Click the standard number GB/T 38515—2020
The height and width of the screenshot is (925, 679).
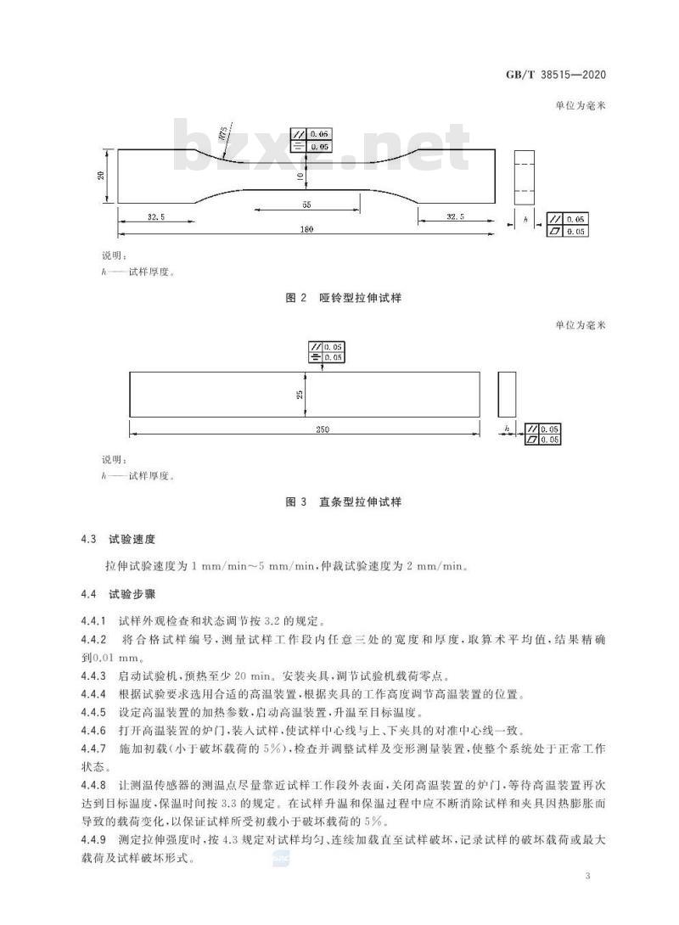pyautogui.click(x=555, y=75)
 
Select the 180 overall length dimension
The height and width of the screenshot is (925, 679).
pyautogui.click(x=306, y=229)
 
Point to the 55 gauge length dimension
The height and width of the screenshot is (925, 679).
pyautogui.click(x=306, y=205)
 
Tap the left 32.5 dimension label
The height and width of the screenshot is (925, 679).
pyautogui.click(x=156, y=216)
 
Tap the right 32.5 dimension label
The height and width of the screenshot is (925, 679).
pyautogui.click(x=455, y=216)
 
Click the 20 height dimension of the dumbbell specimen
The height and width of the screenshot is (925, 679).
pyautogui.click(x=101, y=175)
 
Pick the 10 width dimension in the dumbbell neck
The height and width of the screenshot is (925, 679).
pyautogui.click(x=300, y=176)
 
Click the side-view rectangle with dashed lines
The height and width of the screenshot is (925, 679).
pyautogui.click(x=525, y=177)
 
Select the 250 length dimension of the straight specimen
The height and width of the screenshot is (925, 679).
pyautogui.click(x=322, y=429)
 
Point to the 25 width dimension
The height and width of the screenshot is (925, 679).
pyautogui.click(x=300, y=394)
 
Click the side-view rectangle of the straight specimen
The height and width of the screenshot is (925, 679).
pyautogui.click(x=507, y=394)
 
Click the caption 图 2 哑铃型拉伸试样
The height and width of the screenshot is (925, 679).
pyautogui.click(x=344, y=298)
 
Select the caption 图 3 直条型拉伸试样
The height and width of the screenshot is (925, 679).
pyautogui.click(x=344, y=502)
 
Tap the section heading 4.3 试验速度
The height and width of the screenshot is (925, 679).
pyautogui.click(x=118, y=539)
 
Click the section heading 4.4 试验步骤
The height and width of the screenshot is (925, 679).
pyautogui.click(x=118, y=594)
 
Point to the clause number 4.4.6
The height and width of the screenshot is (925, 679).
pyautogui.click(x=94, y=731)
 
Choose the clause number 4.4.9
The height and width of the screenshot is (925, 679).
pyautogui.click(x=94, y=839)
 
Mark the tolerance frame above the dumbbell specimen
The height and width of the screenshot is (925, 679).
pyautogui.click(x=311, y=140)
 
